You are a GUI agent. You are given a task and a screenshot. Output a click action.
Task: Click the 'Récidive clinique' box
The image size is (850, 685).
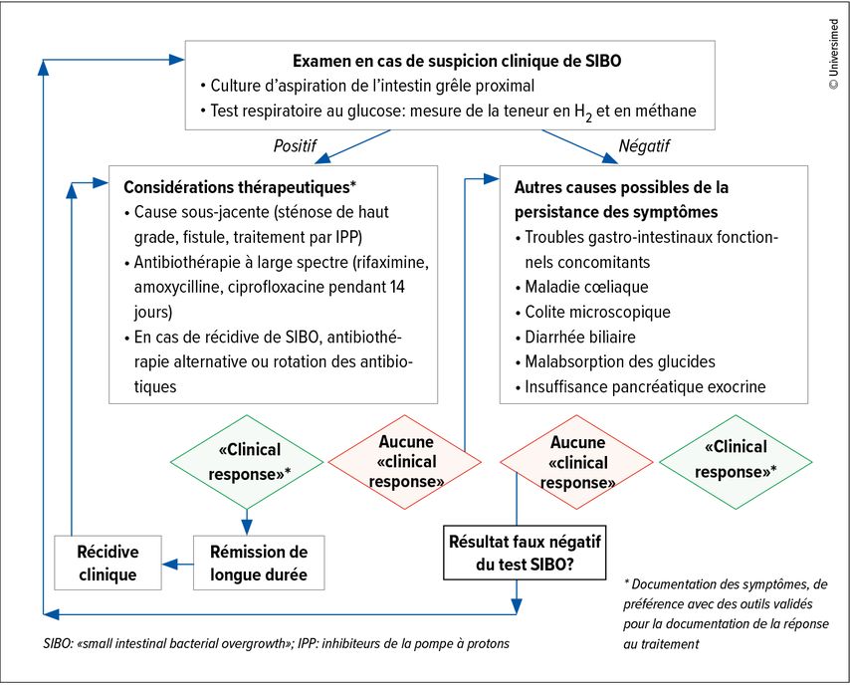pyautogui.click(x=107, y=563)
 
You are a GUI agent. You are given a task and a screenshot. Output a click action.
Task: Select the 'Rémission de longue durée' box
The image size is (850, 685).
pyautogui.click(x=259, y=563)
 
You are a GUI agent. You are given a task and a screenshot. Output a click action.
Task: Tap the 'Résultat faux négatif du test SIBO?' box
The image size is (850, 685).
pyautogui.click(x=525, y=553)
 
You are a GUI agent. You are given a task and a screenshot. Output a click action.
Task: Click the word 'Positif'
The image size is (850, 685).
pyautogui.click(x=295, y=146)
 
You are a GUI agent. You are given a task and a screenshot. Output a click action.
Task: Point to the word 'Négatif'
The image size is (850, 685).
pyautogui.click(x=644, y=146)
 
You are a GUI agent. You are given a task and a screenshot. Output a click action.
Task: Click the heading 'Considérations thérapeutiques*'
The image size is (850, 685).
pyautogui.click(x=240, y=187)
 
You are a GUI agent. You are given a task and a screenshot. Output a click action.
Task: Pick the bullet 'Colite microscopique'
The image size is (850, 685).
pyautogui.click(x=592, y=312)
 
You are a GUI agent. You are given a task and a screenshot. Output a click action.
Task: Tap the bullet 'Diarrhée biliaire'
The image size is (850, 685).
pyautogui.click(x=575, y=337)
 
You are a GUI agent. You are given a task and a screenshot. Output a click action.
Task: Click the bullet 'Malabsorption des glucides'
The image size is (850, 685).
pyautogui.click(x=615, y=361)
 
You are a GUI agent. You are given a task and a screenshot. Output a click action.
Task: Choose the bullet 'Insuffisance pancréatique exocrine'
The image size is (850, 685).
pyautogui.click(x=640, y=386)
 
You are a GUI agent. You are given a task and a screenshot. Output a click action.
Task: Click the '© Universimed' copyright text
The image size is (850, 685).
pyautogui.click(x=834, y=54)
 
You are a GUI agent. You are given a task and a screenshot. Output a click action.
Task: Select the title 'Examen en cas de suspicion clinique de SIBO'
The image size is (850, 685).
pyautogui.click(x=457, y=61)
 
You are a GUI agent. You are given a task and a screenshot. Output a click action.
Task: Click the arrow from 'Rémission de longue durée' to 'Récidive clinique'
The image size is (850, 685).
pyautogui.click(x=178, y=565)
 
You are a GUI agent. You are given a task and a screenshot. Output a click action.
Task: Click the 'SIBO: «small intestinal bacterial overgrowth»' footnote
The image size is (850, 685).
pyautogui.click(x=169, y=644)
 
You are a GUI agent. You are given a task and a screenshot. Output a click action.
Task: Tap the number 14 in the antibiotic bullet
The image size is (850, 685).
pyautogui.click(x=397, y=287)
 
